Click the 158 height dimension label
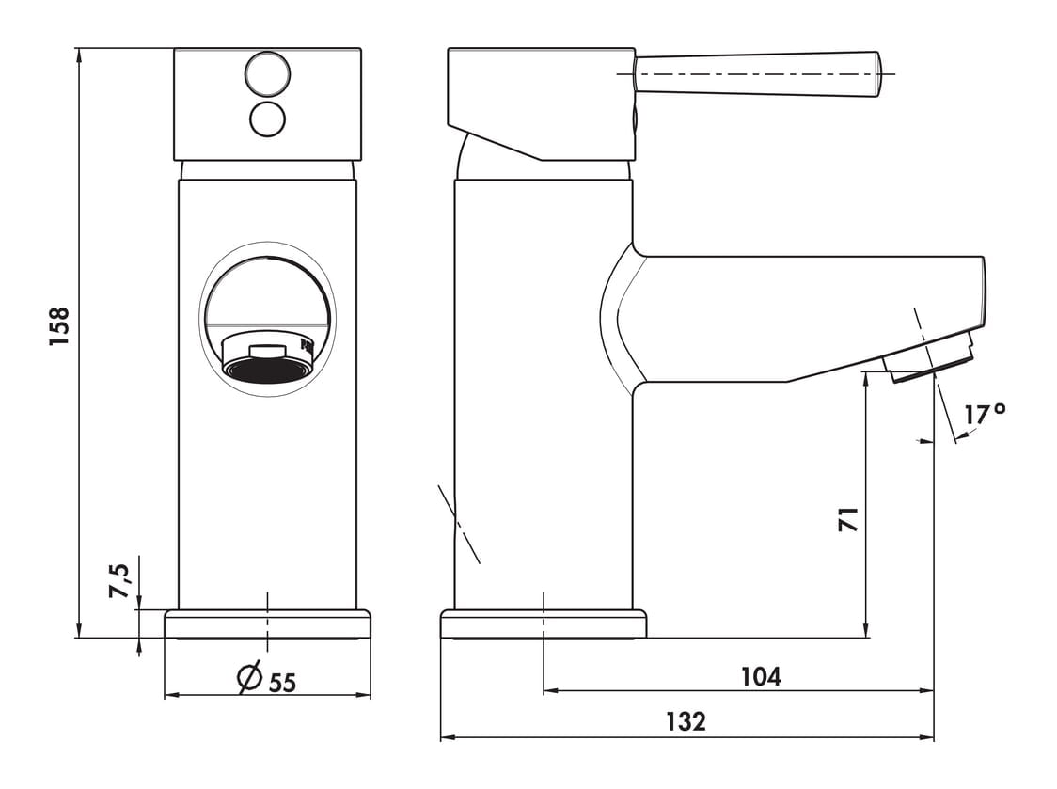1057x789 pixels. tap(59, 326)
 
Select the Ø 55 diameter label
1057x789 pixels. tap(267, 679)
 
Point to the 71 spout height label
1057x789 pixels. tap(848, 519)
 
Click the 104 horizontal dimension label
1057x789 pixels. tap(761, 676)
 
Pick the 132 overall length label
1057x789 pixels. tap(686, 721)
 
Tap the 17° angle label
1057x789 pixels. tap(985, 414)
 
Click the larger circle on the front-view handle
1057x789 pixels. tap(268, 74)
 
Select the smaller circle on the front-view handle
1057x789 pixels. tap(268, 119)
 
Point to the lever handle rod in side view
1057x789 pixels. tap(757, 73)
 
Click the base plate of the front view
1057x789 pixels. tap(268, 623)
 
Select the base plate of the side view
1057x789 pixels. tap(544, 623)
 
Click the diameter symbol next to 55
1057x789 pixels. tap(249, 678)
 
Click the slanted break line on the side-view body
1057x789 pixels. tap(458, 523)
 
